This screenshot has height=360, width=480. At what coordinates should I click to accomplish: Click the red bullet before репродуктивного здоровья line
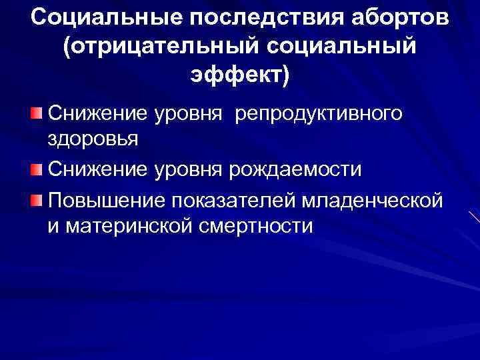coord(37,112)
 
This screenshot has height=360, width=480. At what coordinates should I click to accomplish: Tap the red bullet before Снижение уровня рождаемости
coord(37,169)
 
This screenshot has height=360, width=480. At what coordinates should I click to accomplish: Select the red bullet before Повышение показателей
coord(37,199)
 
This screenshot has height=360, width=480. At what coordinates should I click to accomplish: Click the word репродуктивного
coord(317,113)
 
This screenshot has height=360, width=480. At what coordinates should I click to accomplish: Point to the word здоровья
coord(93,141)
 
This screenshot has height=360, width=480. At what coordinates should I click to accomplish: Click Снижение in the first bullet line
coord(96,113)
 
